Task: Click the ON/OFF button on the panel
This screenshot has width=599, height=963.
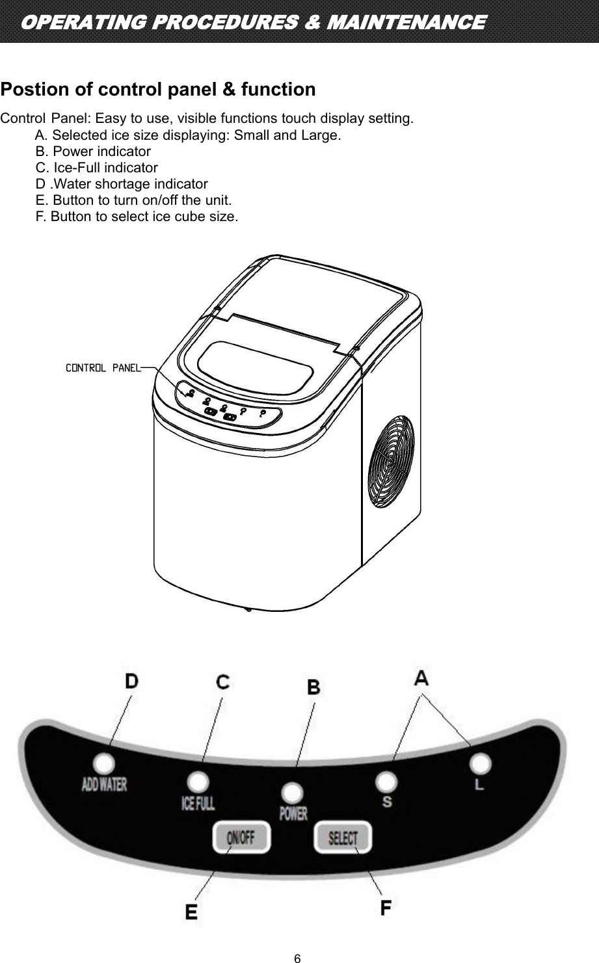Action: tap(241, 838)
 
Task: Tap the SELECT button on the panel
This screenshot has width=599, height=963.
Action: tap(343, 838)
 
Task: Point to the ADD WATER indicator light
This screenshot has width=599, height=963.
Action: tap(103, 763)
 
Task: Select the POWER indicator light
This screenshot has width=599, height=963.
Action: tap(293, 793)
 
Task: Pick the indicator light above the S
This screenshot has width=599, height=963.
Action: tap(387, 780)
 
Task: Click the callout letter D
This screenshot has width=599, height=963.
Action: tap(131, 681)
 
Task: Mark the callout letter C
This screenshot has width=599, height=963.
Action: tap(223, 682)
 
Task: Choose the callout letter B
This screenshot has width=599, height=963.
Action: tap(313, 687)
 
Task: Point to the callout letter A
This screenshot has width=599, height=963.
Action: tap(421, 678)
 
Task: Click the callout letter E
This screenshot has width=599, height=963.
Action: tap(191, 912)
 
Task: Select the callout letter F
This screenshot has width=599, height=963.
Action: tap(386, 907)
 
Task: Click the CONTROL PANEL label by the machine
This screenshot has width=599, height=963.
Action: tap(103, 368)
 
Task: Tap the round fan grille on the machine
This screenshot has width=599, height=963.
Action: tap(390, 458)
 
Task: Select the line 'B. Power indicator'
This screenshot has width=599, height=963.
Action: tap(93, 152)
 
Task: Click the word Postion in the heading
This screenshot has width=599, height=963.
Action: tap(31, 89)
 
